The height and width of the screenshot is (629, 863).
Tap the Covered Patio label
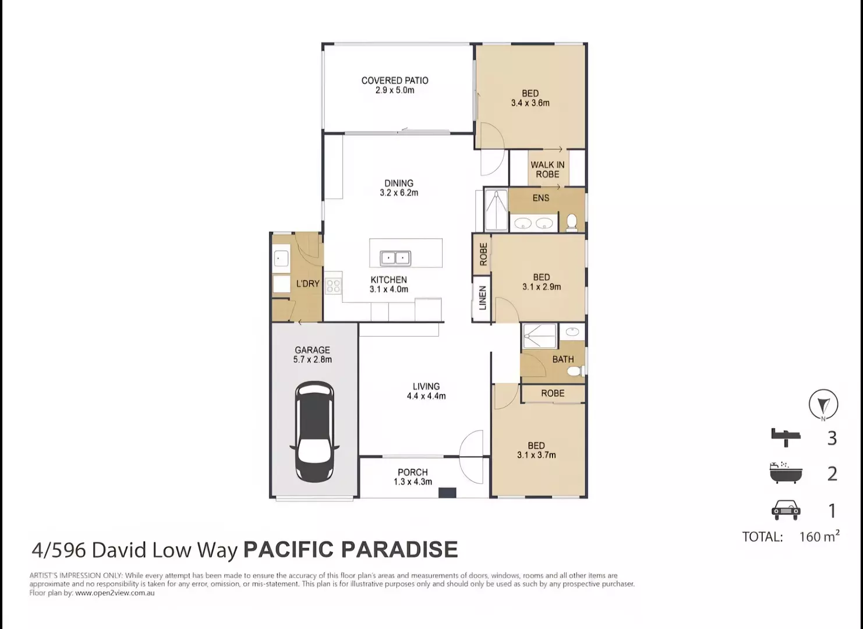coord(395,80)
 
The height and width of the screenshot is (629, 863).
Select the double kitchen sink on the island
coord(395,257)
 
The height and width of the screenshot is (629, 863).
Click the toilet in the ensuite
coord(572,222)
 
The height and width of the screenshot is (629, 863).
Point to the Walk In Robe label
coord(547,169)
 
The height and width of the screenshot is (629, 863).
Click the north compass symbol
coord(823,404)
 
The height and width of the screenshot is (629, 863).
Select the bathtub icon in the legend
coord(786,473)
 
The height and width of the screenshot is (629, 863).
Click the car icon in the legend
coord(786,510)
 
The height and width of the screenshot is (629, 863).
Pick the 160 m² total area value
coord(819,536)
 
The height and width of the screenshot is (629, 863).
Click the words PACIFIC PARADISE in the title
coord(350,550)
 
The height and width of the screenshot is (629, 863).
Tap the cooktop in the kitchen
coord(334,285)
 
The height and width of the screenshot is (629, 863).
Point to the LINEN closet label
coord(482,298)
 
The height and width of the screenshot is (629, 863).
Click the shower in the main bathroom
coord(539,337)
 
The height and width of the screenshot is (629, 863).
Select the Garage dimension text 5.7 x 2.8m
coord(313,360)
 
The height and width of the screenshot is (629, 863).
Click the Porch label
coord(413,472)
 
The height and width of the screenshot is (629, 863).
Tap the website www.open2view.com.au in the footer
coord(115,593)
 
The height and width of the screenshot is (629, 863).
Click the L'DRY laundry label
coord(307,284)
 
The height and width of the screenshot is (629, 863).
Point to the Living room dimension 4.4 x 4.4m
coord(426,396)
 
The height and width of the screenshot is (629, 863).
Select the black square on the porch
coord(447,493)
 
